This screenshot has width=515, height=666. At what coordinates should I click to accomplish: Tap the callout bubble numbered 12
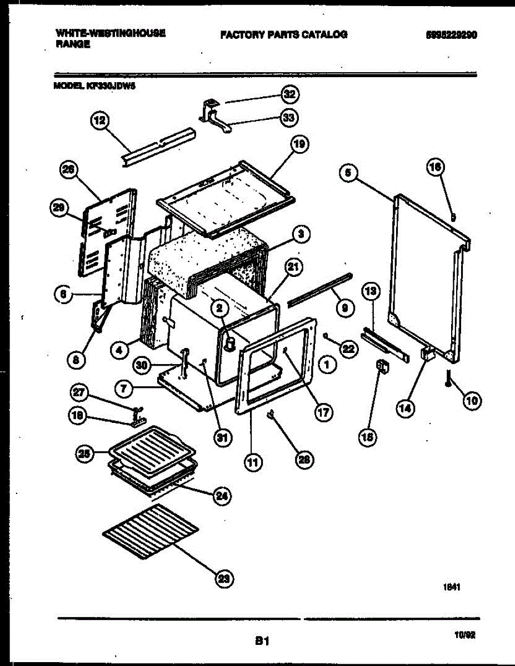click(100, 122)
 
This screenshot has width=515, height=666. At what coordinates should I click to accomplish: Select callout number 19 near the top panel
click(299, 145)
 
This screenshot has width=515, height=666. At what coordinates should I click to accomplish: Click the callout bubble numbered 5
click(347, 173)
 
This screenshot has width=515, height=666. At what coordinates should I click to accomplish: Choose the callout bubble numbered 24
click(223, 496)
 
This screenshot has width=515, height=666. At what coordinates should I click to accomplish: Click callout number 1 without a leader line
click(328, 365)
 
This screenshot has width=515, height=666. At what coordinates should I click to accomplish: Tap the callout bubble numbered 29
click(58, 208)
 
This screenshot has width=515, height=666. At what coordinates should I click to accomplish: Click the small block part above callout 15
click(383, 366)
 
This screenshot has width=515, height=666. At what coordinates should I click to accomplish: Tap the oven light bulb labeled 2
click(228, 345)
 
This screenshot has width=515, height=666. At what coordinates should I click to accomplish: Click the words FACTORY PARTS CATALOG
click(283, 34)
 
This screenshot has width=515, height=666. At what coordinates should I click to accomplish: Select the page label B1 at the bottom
click(262, 642)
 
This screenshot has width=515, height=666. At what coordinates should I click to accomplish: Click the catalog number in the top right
click(451, 34)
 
